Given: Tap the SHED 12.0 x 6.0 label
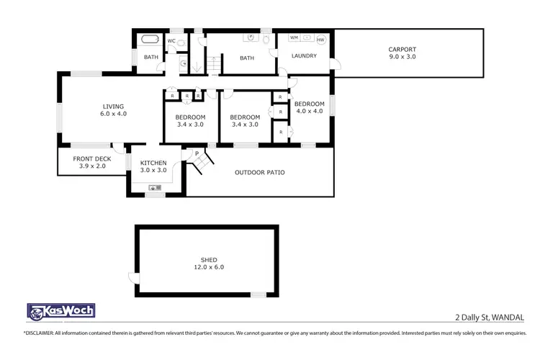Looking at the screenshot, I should tap(209, 264).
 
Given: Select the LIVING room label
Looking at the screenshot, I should tap(113, 109).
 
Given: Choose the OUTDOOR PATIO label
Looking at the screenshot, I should tap(260, 173).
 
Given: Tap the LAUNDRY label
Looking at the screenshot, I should tap(304, 55).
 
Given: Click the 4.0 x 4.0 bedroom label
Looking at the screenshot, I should tap(310, 107).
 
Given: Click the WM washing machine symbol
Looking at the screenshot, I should tap(294, 37).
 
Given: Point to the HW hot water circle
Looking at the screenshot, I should tap(320, 39).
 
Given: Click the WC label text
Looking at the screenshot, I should tap(171, 41).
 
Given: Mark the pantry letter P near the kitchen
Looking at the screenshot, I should tap(196, 153).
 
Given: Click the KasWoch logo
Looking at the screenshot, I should tap(60, 311).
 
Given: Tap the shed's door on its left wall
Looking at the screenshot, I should tap(132, 278).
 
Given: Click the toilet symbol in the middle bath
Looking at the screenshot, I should tap(267, 40).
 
